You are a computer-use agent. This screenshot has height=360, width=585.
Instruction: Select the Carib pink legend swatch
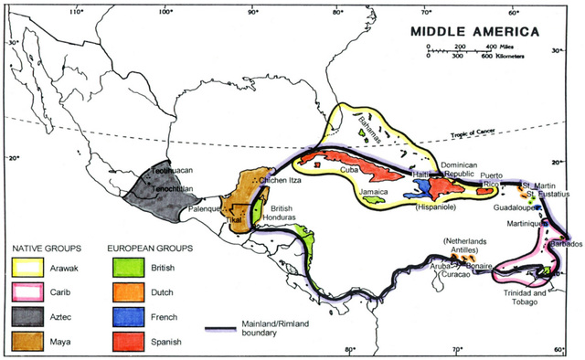[28, 292]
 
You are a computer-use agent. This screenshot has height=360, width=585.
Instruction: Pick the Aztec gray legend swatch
[28, 315]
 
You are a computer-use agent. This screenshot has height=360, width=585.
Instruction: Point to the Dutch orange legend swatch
[125, 292]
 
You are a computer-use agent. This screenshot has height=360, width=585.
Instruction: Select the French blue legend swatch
[125, 315]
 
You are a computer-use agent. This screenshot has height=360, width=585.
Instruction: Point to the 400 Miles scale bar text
[499, 46]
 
